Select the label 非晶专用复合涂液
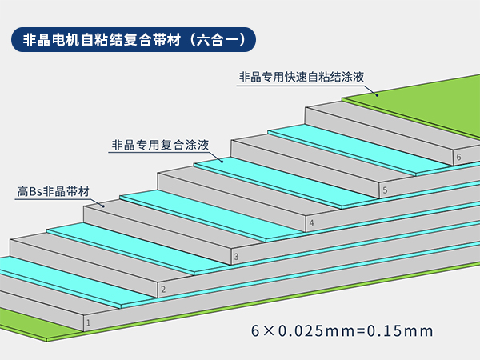[160, 146]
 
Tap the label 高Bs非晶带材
[53, 192]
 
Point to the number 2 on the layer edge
[163, 290]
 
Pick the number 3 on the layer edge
[236, 257]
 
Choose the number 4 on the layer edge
[311, 222]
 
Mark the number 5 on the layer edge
[385, 190]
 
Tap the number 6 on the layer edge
[458, 158]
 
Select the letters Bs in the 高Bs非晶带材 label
[36, 192]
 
